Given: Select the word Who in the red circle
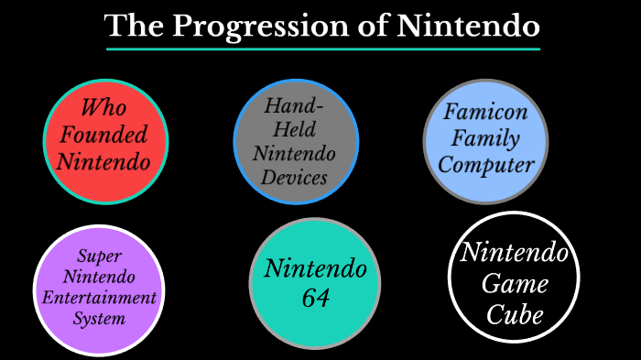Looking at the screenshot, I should [103, 108].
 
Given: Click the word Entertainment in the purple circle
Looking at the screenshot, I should [100, 298].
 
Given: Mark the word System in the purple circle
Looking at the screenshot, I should [100, 319].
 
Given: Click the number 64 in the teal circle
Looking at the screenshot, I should [314, 298].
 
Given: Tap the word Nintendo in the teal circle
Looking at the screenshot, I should [314, 269].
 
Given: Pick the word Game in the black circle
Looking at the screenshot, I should [515, 284].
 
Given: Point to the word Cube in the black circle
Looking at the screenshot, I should [515, 315].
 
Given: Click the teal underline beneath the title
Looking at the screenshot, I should [322, 49].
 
